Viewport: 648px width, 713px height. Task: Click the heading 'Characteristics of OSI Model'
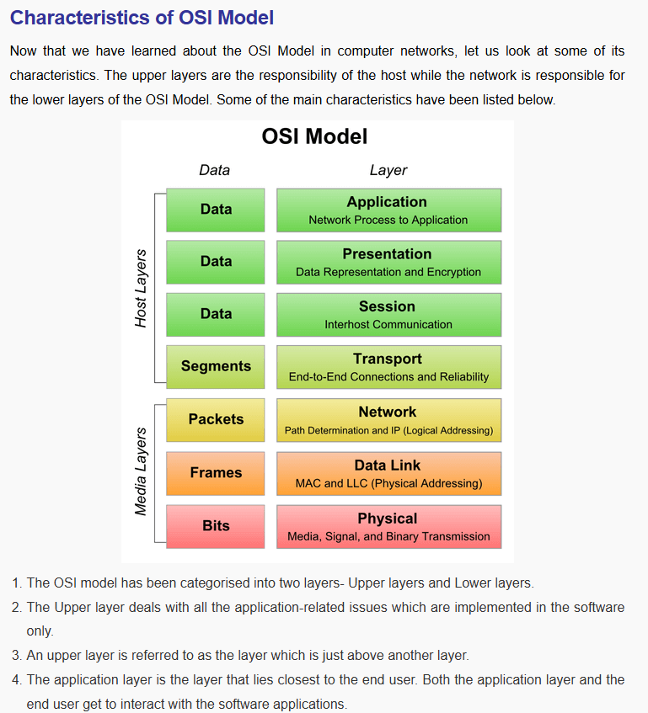point(142,18)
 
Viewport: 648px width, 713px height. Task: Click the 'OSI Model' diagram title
point(314,136)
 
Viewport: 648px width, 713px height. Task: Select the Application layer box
point(388,210)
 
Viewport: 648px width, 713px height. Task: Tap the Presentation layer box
point(388,262)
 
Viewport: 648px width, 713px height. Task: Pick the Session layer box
point(388,314)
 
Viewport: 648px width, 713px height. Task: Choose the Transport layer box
point(388,367)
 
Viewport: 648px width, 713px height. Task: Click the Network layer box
point(388,420)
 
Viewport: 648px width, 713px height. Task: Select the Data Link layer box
point(388,473)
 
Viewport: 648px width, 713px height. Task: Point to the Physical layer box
point(388,526)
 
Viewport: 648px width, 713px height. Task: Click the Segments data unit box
point(216,366)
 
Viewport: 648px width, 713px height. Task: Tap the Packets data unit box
point(216,419)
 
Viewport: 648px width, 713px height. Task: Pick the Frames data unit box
point(216,472)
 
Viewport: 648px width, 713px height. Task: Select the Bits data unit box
point(216,525)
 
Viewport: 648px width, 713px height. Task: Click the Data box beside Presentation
point(216,261)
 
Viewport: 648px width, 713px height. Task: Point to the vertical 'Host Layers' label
point(141,288)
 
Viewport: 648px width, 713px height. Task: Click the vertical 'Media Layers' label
point(141,471)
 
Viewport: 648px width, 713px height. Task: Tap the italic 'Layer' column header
point(388,170)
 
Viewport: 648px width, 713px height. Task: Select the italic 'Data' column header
point(214,170)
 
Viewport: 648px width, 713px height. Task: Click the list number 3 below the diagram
point(16,655)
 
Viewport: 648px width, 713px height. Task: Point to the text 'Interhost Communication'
point(388,324)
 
